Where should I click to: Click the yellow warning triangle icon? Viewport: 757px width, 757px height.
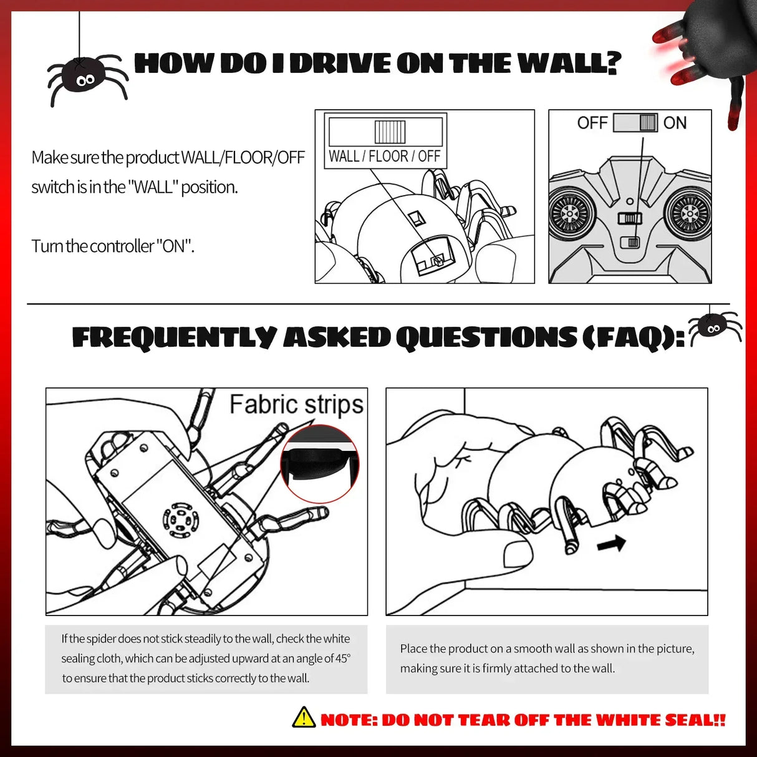(304, 718)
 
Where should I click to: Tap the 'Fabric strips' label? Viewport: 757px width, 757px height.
(296, 404)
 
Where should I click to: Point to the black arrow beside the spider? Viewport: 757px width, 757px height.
(610, 543)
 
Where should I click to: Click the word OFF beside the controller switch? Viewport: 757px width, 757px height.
(592, 123)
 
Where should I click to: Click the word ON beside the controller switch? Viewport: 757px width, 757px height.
(675, 123)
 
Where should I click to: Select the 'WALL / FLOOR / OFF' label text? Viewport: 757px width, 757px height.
(384, 156)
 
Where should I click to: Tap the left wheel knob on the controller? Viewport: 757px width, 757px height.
(570, 213)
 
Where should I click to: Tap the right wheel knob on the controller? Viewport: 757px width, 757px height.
(689, 213)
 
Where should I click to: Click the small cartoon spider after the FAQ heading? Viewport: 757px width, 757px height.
(713, 326)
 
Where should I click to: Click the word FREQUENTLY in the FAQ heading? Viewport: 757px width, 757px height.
(174, 337)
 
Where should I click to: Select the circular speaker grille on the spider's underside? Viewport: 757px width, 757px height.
(181, 518)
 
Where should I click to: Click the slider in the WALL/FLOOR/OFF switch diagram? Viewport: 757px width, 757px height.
(390, 132)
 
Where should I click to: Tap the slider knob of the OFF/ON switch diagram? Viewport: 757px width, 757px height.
(648, 123)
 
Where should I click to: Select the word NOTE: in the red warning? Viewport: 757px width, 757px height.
(349, 720)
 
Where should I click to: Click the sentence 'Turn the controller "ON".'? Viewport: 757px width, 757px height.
(113, 246)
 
